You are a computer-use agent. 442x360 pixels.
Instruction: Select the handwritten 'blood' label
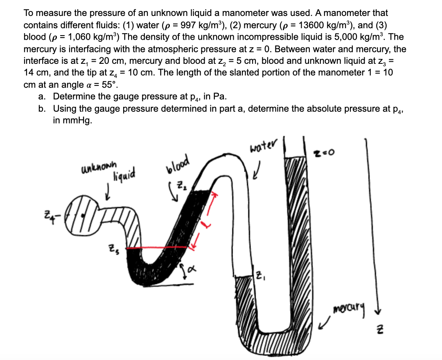pyautogui.click(x=177, y=164)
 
